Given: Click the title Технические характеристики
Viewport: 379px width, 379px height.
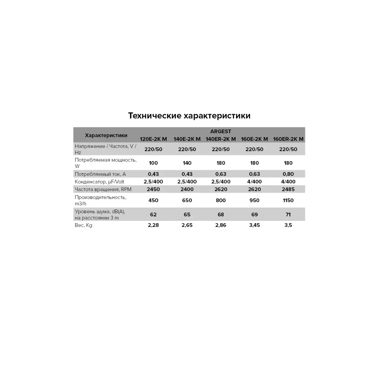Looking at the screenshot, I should [189, 116].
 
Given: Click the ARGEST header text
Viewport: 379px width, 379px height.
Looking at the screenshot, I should [221, 132].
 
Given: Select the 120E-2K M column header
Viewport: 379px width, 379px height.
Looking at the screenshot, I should [153, 139].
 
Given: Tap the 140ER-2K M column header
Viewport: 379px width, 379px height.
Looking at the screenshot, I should [221, 139].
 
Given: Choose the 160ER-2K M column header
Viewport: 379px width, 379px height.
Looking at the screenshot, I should [288, 139].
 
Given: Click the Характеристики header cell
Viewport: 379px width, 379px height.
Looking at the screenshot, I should [106, 135].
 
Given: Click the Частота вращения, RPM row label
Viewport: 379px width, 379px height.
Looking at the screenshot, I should [103, 189].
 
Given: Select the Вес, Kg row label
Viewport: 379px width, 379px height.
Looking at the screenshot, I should [84, 225].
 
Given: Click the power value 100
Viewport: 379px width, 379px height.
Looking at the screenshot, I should [153, 163].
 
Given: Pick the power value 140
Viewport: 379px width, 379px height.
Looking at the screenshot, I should [187, 163].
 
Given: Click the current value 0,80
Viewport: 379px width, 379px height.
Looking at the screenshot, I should [288, 174].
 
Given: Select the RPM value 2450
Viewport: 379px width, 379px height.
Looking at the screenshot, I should [153, 189].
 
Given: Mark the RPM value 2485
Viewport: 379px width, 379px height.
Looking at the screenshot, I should [288, 189].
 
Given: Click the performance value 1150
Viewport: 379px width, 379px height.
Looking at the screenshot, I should [288, 200].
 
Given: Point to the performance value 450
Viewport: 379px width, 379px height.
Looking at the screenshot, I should [153, 200].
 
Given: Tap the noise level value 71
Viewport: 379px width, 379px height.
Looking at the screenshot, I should [288, 215].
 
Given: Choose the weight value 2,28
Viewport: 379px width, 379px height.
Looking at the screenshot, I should [153, 225].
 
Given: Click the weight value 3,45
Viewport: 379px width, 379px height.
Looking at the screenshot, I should [254, 225].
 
